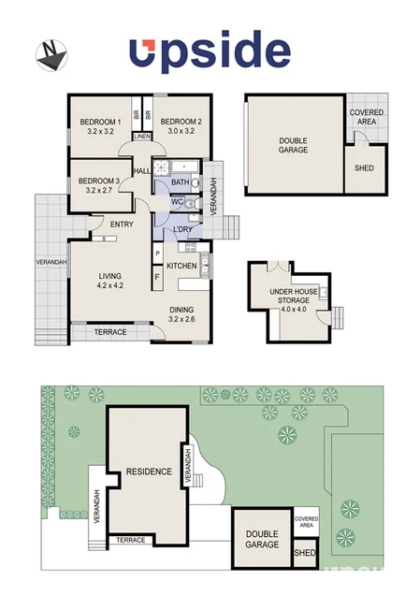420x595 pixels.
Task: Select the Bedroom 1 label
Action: coord(100,126)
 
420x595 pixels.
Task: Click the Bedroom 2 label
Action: coord(180,126)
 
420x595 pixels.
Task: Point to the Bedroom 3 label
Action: coord(98,184)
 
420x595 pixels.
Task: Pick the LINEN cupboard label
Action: coord(142,137)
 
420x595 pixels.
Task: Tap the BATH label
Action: coord(181,181)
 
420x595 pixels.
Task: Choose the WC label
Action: coord(177,201)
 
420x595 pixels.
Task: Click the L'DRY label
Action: coord(182,230)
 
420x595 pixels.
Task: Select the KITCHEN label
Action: coord(181,266)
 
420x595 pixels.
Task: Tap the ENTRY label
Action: coord(122,224)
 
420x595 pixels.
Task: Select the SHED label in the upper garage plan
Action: coord(364,169)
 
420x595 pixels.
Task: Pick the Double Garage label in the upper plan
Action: coord(293,145)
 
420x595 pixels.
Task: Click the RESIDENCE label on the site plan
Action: coord(148,472)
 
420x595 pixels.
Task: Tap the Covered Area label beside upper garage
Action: coord(366,116)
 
